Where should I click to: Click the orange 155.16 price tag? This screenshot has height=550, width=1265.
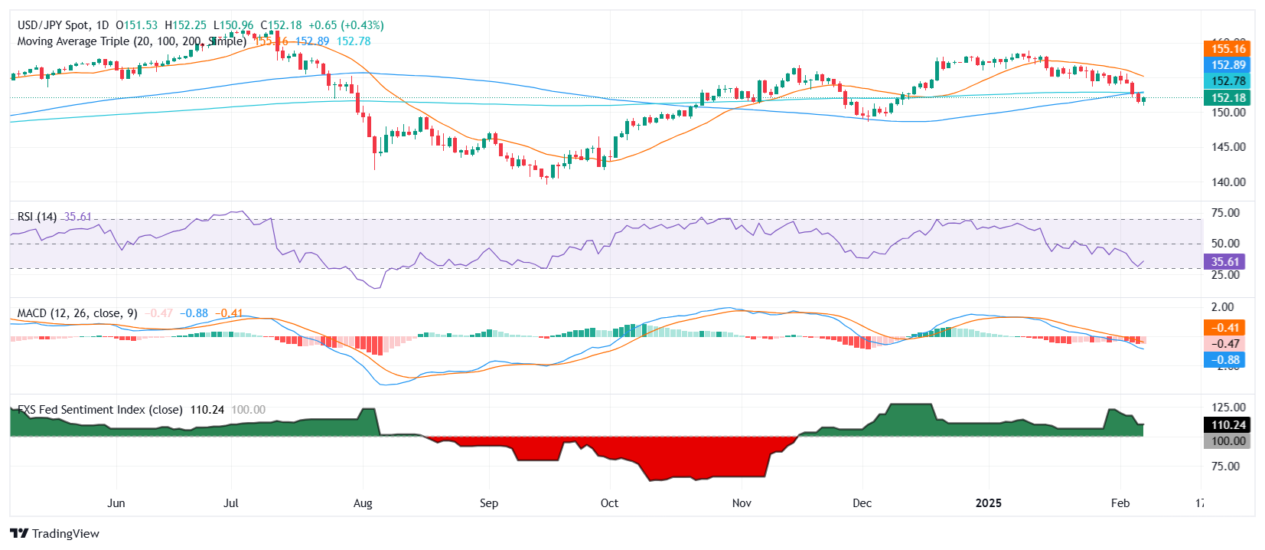click(1228, 49)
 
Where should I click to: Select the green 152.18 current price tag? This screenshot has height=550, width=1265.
click(1228, 97)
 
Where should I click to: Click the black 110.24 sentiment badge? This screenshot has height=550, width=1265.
click(1228, 425)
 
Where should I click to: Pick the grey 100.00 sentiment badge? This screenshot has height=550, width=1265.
click(1228, 441)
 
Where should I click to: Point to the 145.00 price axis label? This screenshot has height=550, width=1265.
click(1228, 147)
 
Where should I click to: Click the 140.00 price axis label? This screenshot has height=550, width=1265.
click(1228, 182)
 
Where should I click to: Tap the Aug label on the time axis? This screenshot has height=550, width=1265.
click(363, 503)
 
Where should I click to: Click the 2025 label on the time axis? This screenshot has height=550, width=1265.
click(988, 503)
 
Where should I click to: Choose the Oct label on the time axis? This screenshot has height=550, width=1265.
click(609, 503)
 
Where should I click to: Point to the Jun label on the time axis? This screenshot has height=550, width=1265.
click(116, 503)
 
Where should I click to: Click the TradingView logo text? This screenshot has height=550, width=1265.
click(65, 534)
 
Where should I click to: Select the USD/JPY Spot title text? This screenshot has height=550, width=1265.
click(53, 25)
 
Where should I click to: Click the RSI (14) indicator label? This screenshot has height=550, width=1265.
click(37, 217)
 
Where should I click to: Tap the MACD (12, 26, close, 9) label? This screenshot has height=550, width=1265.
click(77, 313)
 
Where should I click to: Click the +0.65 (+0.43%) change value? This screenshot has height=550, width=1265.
click(346, 25)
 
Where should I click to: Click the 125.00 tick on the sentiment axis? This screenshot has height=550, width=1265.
click(1228, 408)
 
